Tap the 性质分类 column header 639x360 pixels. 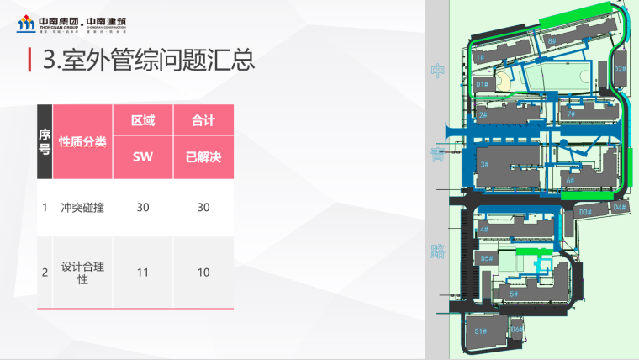pyautogui.click(x=83, y=141)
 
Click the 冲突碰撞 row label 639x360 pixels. pyautogui.click(x=83, y=207)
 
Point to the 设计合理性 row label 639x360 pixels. pyautogui.click(x=83, y=273)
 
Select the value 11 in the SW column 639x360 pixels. pyautogui.click(x=143, y=273)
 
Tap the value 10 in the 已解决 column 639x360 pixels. pyautogui.click(x=203, y=273)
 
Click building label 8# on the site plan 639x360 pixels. pyautogui.click(x=552, y=40)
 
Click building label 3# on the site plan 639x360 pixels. pyautogui.click(x=484, y=164)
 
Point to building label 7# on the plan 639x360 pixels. pyautogui.click(x=571, y=114)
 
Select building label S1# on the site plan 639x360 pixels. pyautogui.click(x=480, y=331)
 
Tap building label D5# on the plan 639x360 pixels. pyautogui.click(x=486, y=258)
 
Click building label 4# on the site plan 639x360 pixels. pyautogui.click(x=484, y=229)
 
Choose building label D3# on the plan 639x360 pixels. pyautogui.click(x=586, y=212)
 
